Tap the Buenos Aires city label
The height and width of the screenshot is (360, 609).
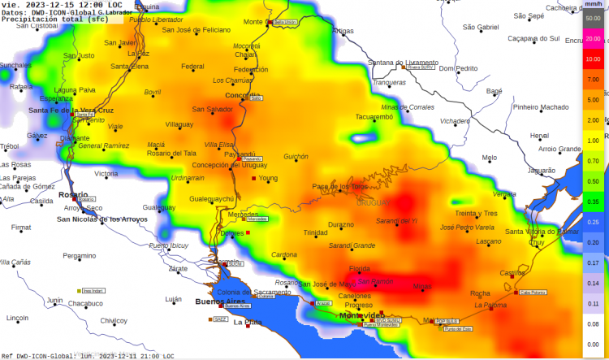tap(220, 301)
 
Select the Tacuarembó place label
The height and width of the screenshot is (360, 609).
tap(374, 117)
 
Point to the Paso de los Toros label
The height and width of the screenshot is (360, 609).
tap(339, 186)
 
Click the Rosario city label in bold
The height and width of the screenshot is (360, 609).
tap(73, 195)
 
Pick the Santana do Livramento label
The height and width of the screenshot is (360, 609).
tap(402, 63)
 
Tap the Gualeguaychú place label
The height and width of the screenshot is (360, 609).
tap(211, 198)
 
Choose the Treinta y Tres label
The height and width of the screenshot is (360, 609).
tap(476, 213)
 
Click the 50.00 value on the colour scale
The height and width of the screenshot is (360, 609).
tap(593, 18)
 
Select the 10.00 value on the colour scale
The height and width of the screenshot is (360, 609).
tap(593, 59)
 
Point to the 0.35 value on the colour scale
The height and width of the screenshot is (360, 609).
tap(593, 201)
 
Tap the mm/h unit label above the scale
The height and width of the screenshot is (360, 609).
tap(593, 5)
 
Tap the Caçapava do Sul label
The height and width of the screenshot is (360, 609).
tap(533, 37)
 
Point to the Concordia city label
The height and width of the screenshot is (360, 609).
tap(242, 95)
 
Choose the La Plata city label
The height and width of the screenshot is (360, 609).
tap(248, 323)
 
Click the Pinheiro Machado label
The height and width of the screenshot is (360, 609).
tap(542, 106)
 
